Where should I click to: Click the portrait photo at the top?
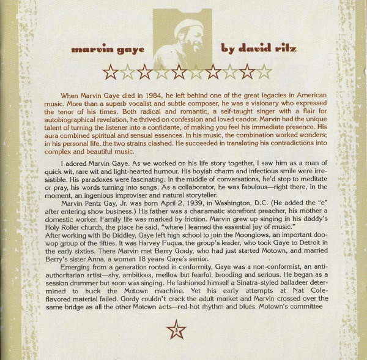183,39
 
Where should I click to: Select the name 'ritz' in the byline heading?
283,48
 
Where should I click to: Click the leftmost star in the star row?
111,72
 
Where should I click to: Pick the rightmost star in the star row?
264,72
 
